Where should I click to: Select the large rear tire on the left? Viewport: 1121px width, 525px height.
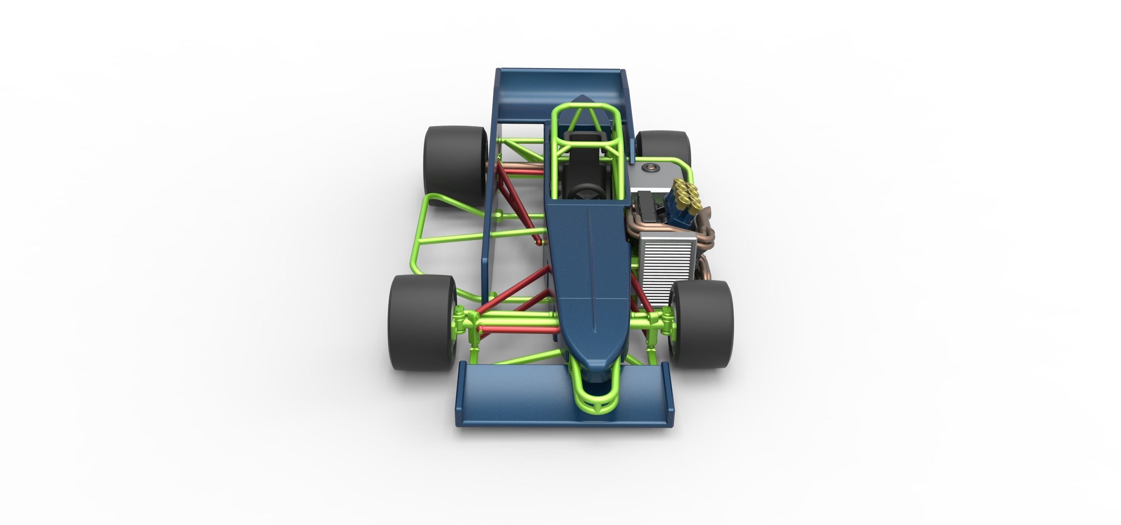click(x=455, y=165)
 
